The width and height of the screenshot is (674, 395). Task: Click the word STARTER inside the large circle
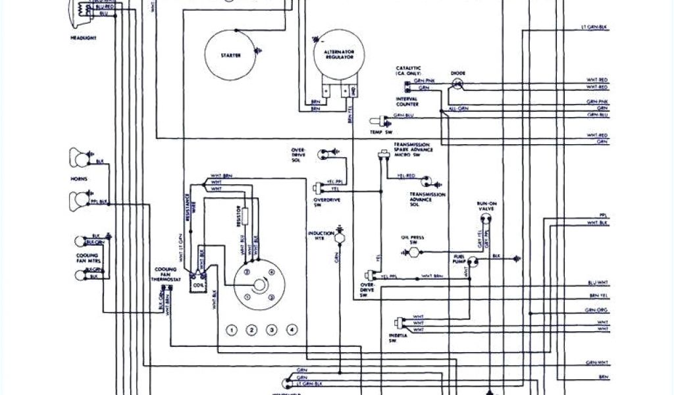point(231,55)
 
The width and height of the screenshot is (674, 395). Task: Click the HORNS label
point(80,178)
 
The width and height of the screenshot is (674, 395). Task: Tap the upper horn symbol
point(76,157)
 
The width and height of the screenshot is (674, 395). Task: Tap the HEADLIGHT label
point(84,38)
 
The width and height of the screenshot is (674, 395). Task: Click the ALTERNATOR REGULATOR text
point(338,54)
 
